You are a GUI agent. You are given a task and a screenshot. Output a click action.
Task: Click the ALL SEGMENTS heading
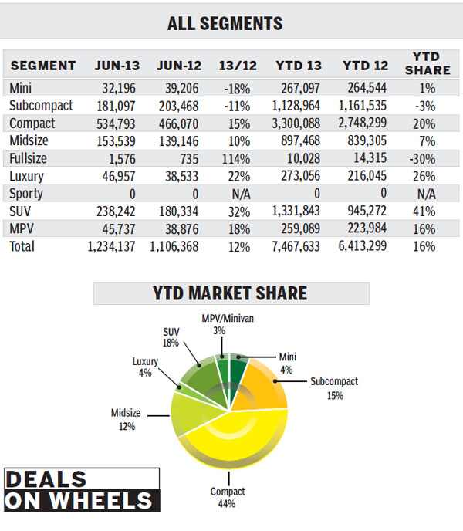coord(225,23)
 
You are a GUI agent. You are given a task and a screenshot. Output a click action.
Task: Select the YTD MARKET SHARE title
coord(231,293)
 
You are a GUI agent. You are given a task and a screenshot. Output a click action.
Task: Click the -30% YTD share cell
coord(424,159)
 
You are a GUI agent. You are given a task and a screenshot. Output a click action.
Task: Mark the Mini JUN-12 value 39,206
coord(179,88)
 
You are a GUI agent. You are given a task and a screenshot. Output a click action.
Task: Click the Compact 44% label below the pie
coord(228,497)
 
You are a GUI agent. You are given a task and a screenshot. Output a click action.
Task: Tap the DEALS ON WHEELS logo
coord(80,489)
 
